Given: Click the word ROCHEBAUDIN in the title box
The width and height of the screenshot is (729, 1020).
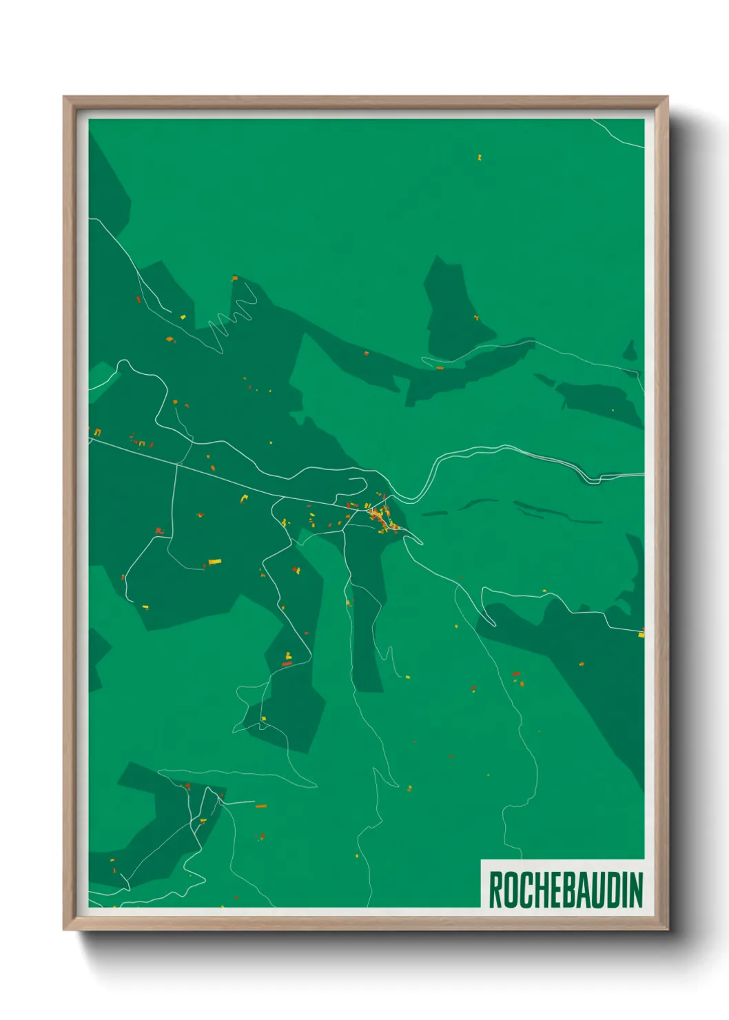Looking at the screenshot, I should coord(565,890).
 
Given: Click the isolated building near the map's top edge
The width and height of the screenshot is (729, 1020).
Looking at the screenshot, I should coord(480,158).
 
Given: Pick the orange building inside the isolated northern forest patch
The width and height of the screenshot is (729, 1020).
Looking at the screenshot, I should coord(476,318).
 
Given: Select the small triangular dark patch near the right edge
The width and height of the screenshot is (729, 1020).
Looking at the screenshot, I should coord(629,351).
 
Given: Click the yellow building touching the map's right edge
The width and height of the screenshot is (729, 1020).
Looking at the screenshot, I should coord(641,633).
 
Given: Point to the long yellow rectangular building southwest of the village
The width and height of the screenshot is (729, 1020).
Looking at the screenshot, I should coord(215,562).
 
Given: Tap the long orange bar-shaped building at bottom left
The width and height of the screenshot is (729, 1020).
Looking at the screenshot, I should coord(261,805).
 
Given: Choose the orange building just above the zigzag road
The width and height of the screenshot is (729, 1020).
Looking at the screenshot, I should coord(235,278).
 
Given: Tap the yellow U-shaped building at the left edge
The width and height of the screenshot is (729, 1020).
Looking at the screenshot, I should coord(97,432).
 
